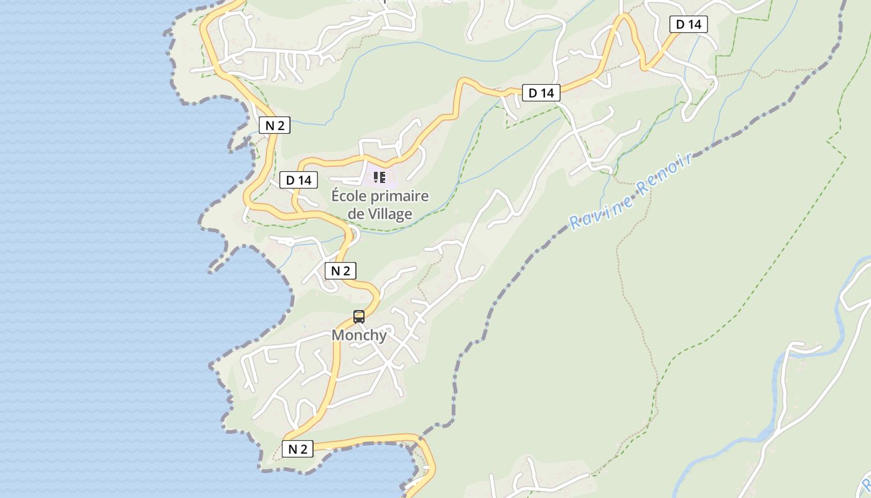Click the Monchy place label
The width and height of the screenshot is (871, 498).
tap(359, 335)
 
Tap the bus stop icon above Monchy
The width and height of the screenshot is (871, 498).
tap(359, 317)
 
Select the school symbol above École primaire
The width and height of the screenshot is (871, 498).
tap(380, 177)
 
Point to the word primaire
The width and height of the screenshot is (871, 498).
tap(401, 197)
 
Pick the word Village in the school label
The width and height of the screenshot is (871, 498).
tap(389, 214)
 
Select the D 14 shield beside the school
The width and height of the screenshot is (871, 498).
tap(299, 181)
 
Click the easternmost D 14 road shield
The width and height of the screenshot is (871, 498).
tap(689, 24)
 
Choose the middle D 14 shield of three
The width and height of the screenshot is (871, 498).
tap(541, 93)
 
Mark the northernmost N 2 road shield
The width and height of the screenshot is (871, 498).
tap(274, 125)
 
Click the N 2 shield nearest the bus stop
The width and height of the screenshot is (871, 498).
tap(340, 271)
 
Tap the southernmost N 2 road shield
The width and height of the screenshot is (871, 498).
tap(297, 449)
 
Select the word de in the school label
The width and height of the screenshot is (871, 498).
tap(355, 214)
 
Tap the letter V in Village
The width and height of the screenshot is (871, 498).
tap(371, 214)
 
